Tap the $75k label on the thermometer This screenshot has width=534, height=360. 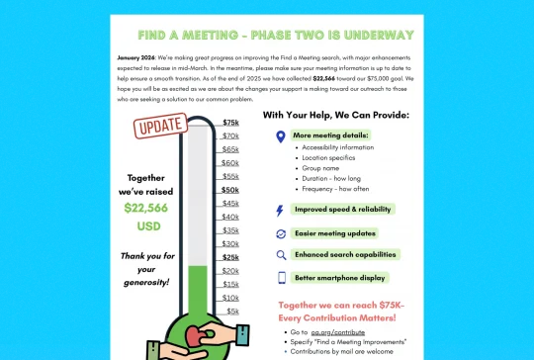pos(230,123)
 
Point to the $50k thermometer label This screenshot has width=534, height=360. pos(230,190)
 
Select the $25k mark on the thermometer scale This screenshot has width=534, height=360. pos(230,257)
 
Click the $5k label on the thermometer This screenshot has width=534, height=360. pos(232,311)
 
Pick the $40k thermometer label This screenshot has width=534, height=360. pos(230,217)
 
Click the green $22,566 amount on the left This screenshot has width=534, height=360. pos(145,208)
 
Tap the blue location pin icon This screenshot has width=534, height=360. pos(280,137)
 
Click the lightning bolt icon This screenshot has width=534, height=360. pos(280,210)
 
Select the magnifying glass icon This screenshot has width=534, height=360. pos(280,255)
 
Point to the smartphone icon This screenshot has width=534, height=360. pos(280,278)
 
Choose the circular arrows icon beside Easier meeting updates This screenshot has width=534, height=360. pos(280,233)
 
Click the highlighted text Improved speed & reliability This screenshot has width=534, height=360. pos(343,210)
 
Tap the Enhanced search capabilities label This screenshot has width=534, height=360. pos(345,255)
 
